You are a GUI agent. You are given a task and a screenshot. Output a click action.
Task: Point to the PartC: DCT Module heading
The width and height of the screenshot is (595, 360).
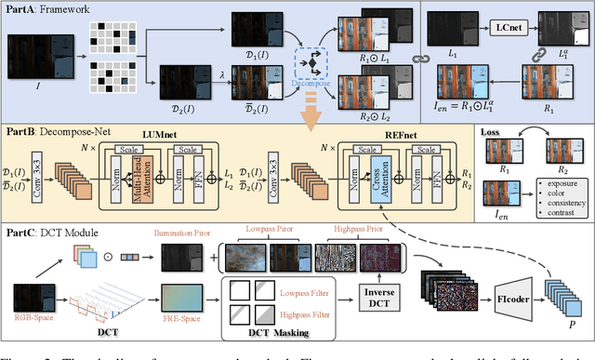(46, 230)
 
